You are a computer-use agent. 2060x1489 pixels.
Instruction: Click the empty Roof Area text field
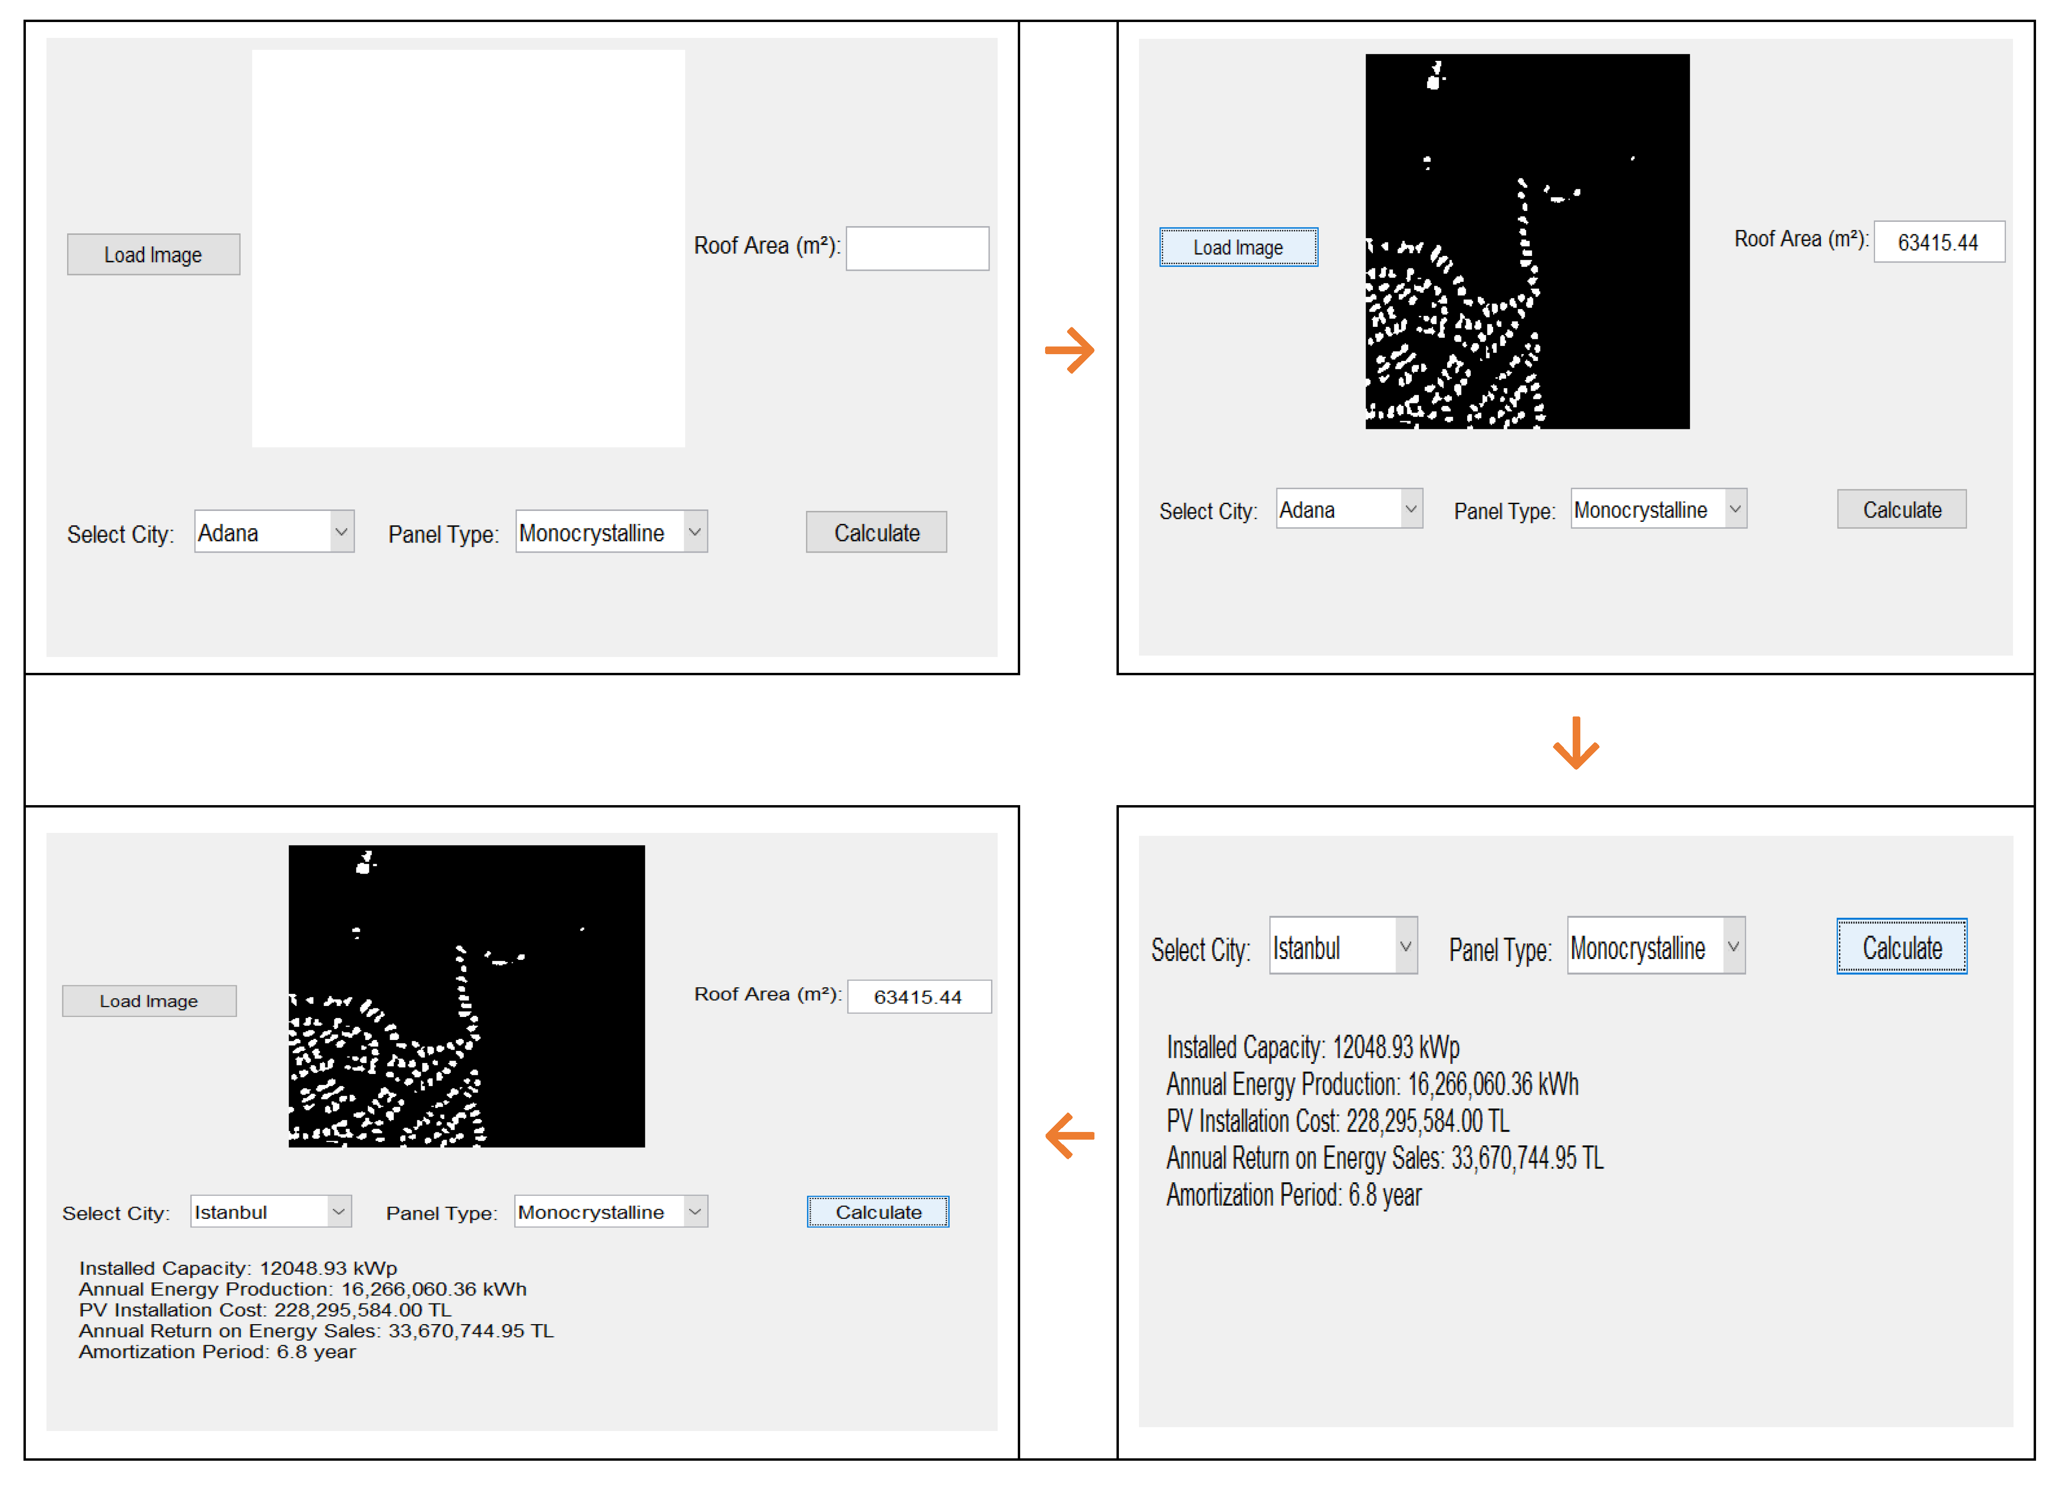917,248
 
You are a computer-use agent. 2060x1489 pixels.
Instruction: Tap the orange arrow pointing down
1576,742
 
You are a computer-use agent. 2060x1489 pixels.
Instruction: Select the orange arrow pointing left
1070,1136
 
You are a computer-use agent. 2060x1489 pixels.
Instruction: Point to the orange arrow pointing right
1070,350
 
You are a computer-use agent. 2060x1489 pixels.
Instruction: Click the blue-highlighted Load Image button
1238,247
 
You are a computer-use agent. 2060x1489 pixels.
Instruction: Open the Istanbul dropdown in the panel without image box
1343,946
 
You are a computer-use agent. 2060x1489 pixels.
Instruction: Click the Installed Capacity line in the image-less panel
1312,1048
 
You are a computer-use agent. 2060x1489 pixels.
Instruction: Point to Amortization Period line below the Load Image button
217,1352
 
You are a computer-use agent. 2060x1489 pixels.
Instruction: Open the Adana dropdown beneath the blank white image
274,532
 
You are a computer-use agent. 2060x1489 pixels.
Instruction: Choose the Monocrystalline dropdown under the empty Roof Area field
611,532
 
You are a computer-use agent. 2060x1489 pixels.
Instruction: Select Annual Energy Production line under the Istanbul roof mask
302,1289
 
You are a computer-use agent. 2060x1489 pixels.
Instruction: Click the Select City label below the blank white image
120,534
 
